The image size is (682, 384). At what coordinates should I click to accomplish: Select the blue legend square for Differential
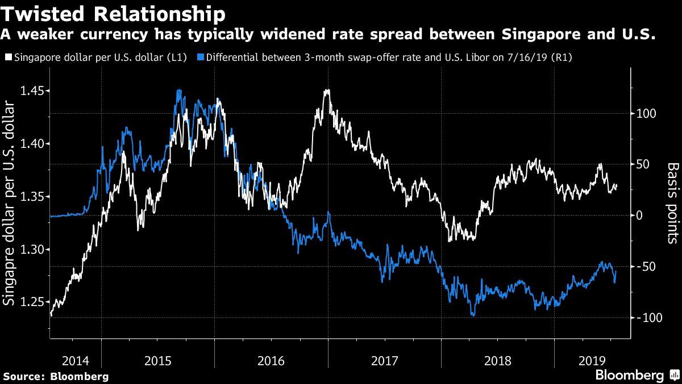click(199, 57)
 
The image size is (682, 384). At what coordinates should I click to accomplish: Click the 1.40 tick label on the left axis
click(32, 144)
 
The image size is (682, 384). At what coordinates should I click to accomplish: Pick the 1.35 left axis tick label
click(32, 197)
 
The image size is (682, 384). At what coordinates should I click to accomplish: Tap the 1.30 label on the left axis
click(32, 249)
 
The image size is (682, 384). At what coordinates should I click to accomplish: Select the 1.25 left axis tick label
click(32, 302)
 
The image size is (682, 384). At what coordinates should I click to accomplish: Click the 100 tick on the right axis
click(647, 114)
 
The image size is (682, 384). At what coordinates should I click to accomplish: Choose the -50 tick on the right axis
click(647, 267)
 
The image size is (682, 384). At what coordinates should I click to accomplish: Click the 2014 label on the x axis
click(76, 360)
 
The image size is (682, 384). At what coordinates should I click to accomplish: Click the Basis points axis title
click(673, 203)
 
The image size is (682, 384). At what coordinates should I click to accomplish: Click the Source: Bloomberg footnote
click(56, 376)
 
